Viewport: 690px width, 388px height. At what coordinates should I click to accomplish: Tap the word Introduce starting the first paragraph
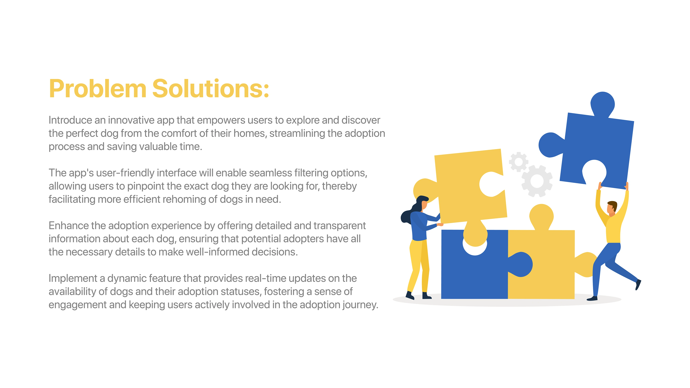coord(70,120)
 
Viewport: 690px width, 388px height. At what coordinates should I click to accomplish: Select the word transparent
coord(339,226)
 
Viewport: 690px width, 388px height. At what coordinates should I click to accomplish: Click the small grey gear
coord(519,162)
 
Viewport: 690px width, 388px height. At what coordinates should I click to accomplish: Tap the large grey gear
coord(537,181)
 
